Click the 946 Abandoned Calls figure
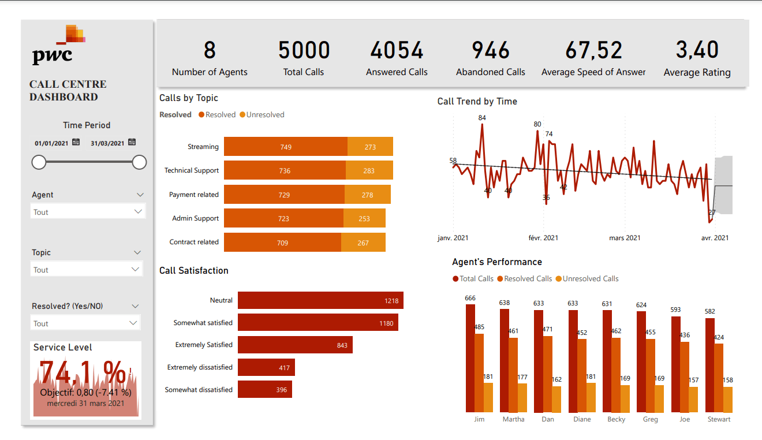491,51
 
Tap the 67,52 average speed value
593,51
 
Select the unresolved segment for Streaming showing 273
370,147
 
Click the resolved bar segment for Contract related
282,243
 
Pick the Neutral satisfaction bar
320,300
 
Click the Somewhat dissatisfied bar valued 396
264,389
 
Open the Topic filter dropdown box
87,270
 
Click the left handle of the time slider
39,163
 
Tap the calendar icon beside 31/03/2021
132,142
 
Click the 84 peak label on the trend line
482,118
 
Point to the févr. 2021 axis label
543,238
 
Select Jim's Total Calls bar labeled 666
470,358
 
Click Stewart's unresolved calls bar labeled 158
727,399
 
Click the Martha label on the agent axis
513,419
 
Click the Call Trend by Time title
477,102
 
